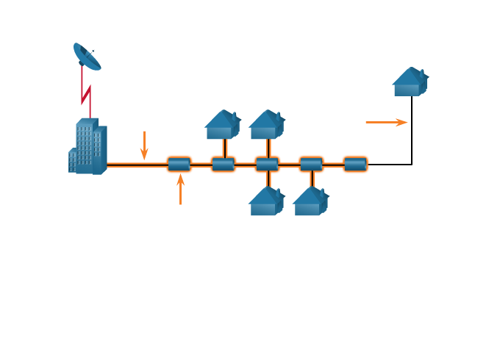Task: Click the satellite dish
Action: tap(87, 57)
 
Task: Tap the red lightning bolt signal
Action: tap(85, 91)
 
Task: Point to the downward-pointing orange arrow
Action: tap(144, 145)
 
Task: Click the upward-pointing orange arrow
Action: tap(180, 190)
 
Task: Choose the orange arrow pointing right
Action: tap(386, 123)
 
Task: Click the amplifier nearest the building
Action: tap(179, 165)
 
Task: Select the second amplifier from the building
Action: tap(223, 165)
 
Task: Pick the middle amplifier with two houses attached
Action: tap(267, 165)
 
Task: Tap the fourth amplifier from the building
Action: tap(311, 165)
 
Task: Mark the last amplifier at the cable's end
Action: tap(355, 165)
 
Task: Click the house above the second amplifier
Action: tap(222, 125)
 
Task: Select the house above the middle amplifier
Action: tap(266, 125)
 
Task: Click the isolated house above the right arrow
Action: tap(410, 82)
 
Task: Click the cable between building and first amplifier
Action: tap(136, 165)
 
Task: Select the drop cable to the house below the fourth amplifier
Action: tap(312, 179)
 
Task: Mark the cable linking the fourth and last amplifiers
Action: tap(333, 165)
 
